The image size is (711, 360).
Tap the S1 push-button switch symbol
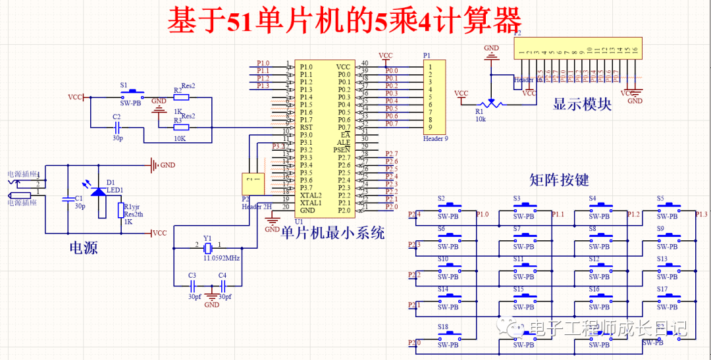coord(135,93)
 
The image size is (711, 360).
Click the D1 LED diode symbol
coord(99,192)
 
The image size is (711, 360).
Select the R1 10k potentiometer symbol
coord(489,104)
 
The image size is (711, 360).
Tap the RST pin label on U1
coord(307,127)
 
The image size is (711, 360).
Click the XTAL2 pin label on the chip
coord(311,195)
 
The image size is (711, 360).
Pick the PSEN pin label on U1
coord(342,150)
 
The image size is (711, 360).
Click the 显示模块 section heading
coord(582,105)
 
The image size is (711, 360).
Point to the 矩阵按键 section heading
coord(559,180)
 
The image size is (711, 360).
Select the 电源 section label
coord(84,247)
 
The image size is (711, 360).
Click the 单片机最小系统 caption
coord(332,233)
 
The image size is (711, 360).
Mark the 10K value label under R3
coord(179,140)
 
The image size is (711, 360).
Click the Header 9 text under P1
coord(435,138)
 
